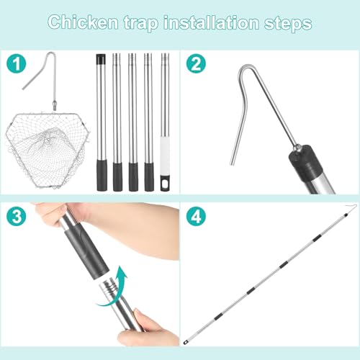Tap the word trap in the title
[x=141, y=23]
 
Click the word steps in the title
[x=288, y=24]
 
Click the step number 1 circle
[x=16, y=64]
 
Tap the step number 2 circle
[x=196, y=64]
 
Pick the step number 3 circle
[x=16, y=216]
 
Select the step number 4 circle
[x=196, y=216]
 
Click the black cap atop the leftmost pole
[x=101, y=60]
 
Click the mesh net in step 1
[x=48, y=150]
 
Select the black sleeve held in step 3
[x=86, y=251]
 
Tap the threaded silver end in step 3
[x=111, y=287]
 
